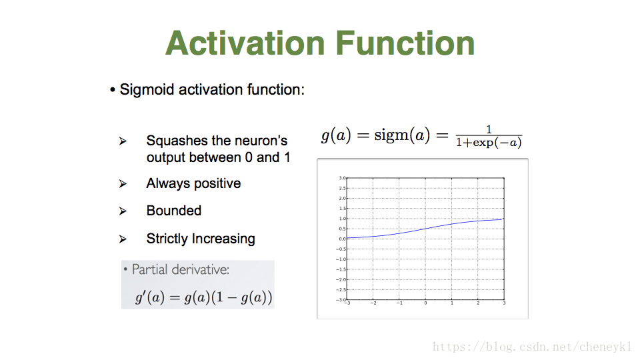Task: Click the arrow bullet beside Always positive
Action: point(123,184)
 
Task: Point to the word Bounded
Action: point(174,211)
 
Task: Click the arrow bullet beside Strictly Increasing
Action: point(123,239)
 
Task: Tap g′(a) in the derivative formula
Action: point(150,297)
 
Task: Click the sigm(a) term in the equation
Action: point(402,135)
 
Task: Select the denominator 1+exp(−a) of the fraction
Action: point(489,143)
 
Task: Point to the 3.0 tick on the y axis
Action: point(342,178)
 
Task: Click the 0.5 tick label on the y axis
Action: point(342,229)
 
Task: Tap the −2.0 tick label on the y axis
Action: point(341,279)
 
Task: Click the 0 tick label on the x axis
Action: point(425,303)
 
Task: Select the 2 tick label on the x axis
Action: point(478,303)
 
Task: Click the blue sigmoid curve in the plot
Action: point(425,229)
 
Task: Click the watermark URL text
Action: point(532,347)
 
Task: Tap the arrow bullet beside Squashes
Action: point(123,141)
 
